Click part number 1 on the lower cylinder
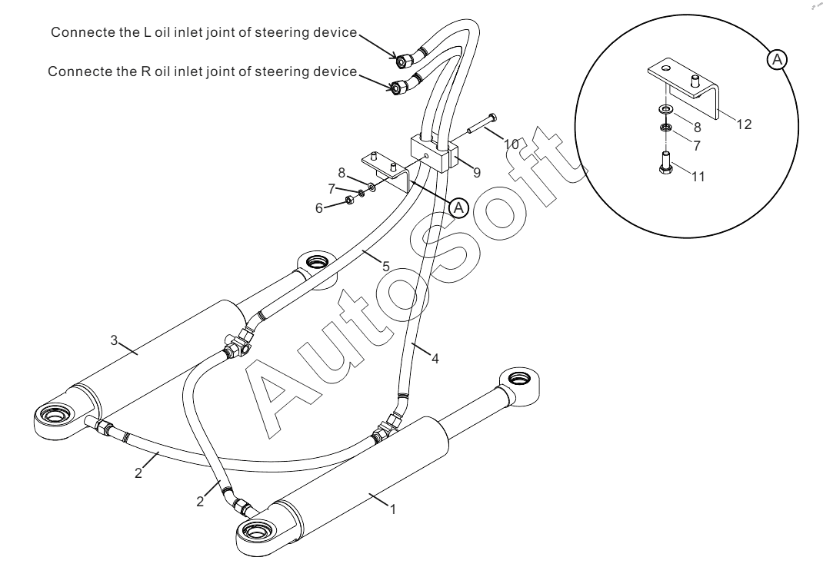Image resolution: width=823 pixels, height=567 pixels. (394, 509)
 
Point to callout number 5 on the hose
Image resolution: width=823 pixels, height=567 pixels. (385, 266)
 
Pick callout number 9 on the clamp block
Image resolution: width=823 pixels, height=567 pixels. (477, 173)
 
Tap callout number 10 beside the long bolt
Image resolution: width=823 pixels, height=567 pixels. (511, 144)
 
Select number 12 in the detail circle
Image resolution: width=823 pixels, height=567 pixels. (743, 124)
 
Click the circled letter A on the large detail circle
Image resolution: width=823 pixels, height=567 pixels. (778, 60)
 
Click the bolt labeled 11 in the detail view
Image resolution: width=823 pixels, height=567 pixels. (665, 164)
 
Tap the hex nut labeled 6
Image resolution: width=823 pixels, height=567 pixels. (348, 201)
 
